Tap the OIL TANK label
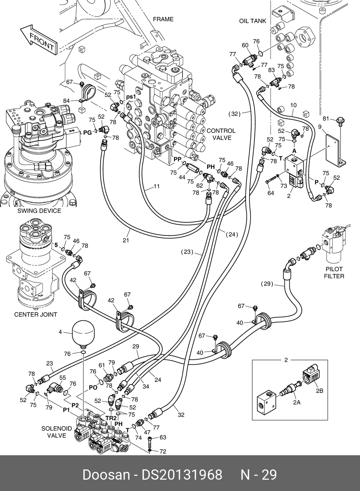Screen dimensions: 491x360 (252, 21)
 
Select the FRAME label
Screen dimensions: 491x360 (163, 19)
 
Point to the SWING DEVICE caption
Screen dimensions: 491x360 (39, 211)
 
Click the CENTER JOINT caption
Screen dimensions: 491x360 (35, 314)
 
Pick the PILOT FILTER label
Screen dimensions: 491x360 (334, 273)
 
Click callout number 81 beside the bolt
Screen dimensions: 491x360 (326, 118)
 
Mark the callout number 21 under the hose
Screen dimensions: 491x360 (126, 241)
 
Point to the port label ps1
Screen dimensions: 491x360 (131, 97)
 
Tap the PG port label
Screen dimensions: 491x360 (87, 132)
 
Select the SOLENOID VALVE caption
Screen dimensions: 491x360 (57, 432)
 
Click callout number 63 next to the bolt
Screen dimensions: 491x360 (163, 438)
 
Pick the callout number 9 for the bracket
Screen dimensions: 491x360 (320, 126)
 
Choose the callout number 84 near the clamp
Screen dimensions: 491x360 (66, 101)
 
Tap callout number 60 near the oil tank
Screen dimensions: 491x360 (245, 45)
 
